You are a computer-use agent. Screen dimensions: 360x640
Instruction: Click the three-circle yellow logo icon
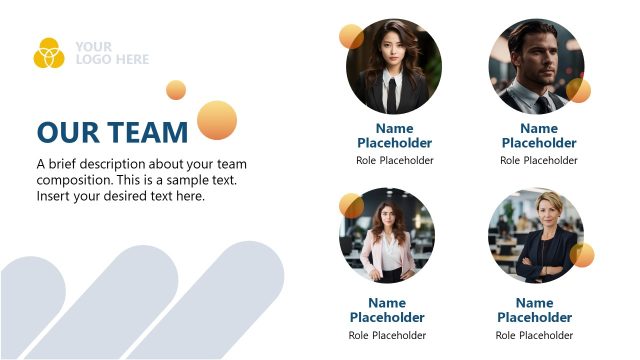tap(48, 52)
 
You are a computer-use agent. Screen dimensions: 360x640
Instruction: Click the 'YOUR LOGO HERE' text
tap(111, 53)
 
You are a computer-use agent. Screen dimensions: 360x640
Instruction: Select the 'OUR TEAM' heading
tap(112, 132)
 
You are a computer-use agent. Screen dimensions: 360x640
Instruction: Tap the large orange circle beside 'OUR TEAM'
tap(217, 120)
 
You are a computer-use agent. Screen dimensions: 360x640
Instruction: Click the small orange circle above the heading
tap(176, 90)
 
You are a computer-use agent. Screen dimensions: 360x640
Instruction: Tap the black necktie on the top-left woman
tap(392, 93)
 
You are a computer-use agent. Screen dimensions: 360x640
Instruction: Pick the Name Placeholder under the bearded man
tap(539, 136)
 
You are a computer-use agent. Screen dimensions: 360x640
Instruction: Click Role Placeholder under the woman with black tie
tap(395, 160)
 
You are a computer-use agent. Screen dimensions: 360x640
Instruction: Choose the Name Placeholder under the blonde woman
tap(535, 310)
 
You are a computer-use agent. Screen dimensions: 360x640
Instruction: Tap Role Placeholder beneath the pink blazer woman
tap(387, 335)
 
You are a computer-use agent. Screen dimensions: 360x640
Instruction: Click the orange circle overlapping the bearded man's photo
tap(578, 90)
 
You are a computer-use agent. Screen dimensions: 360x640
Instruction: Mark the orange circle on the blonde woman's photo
tap(582, 255)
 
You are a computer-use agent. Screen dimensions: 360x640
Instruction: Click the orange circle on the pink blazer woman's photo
tap(351, 205)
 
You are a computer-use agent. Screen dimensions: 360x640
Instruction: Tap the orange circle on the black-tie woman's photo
tap(351, 37)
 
